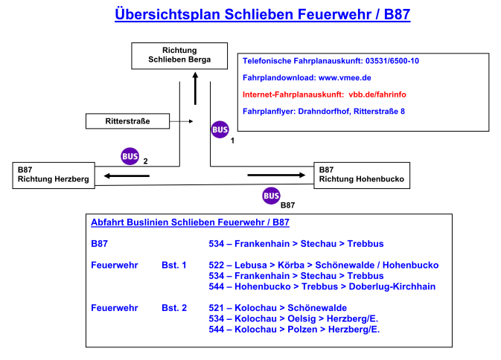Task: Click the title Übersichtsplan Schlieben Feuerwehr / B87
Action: [x=262, y=14]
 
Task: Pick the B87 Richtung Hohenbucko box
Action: [x=362, y=174]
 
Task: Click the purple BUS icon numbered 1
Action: [x=220, y=129]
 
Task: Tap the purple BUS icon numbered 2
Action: [x=130, y=157]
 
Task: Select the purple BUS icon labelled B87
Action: [x=271, y=196]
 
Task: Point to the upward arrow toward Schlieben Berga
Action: [x=195, y=88]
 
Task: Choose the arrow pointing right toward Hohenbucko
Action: [x=276, y=176]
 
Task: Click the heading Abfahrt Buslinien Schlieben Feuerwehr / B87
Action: [x=190, y=222]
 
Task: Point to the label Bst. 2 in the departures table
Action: [x=174, y=307]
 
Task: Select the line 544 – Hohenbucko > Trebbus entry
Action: [x=322, y=286]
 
